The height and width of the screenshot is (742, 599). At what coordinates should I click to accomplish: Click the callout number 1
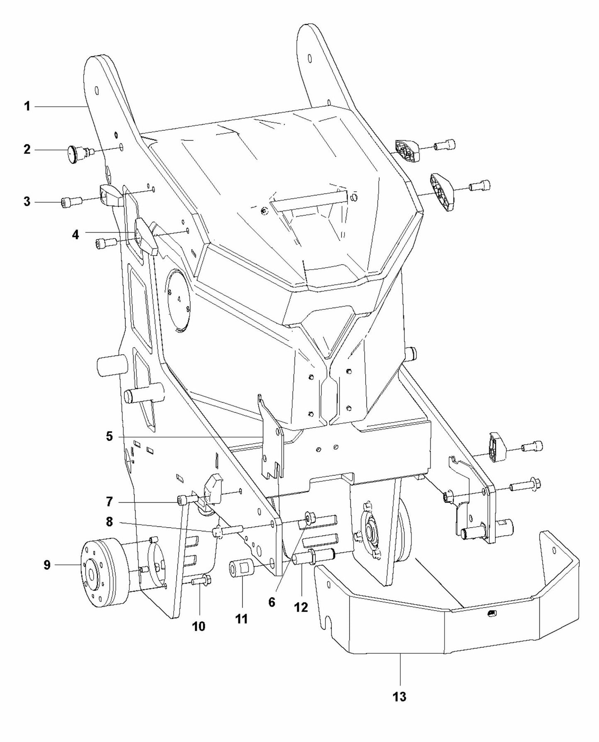pyautogui.click(x=27, y=107)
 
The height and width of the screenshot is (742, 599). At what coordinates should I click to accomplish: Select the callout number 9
pyautogui.click(x=47, y=565)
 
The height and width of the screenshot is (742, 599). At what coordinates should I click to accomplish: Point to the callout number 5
pyautogui.click(x=109, y=436)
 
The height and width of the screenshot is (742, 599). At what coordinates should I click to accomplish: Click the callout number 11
pyautogui.click(x=241, y=619)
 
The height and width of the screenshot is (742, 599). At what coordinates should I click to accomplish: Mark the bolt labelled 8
pyautogui.click(x=226, y=531)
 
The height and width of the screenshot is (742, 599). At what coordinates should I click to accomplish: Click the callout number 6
pyautogui.click(x=272, y=602)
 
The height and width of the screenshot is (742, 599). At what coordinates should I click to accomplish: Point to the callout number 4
pyautogui.click(x=75, y=235)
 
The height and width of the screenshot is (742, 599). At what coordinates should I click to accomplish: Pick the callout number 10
pyautogui.click(x=199, y=626)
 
